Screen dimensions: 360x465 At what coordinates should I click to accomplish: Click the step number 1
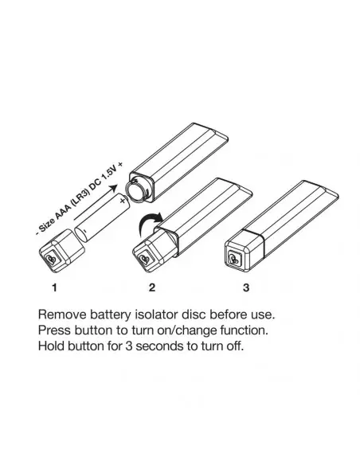(x=54, y=287)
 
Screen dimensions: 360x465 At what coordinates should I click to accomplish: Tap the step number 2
(x=151, y=287)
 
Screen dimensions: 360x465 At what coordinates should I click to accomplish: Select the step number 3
(x=246, y=287)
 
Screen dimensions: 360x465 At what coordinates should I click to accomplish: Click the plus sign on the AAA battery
(x=123, y=201)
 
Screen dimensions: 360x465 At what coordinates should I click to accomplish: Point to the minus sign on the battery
(x=84, y=230)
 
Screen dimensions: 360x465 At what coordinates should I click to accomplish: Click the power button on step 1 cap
(x=53, y=260)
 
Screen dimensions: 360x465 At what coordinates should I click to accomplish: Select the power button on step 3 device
(x=235, y=257)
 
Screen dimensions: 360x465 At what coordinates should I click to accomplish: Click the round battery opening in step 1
(x=137, y=192)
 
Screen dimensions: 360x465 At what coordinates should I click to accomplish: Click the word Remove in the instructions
(x=62, y=315)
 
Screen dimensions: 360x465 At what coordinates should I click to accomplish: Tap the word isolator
(x=156, y=315)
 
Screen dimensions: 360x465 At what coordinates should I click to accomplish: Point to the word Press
(x=55, y=330)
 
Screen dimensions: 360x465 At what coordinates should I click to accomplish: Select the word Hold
(x=51, y=346)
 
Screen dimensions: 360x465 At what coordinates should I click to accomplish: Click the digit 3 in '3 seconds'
(x=129, y=346)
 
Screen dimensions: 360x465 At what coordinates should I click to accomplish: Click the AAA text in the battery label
(x=63, y=212)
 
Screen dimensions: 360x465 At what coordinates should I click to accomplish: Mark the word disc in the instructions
(x=194, y=315)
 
